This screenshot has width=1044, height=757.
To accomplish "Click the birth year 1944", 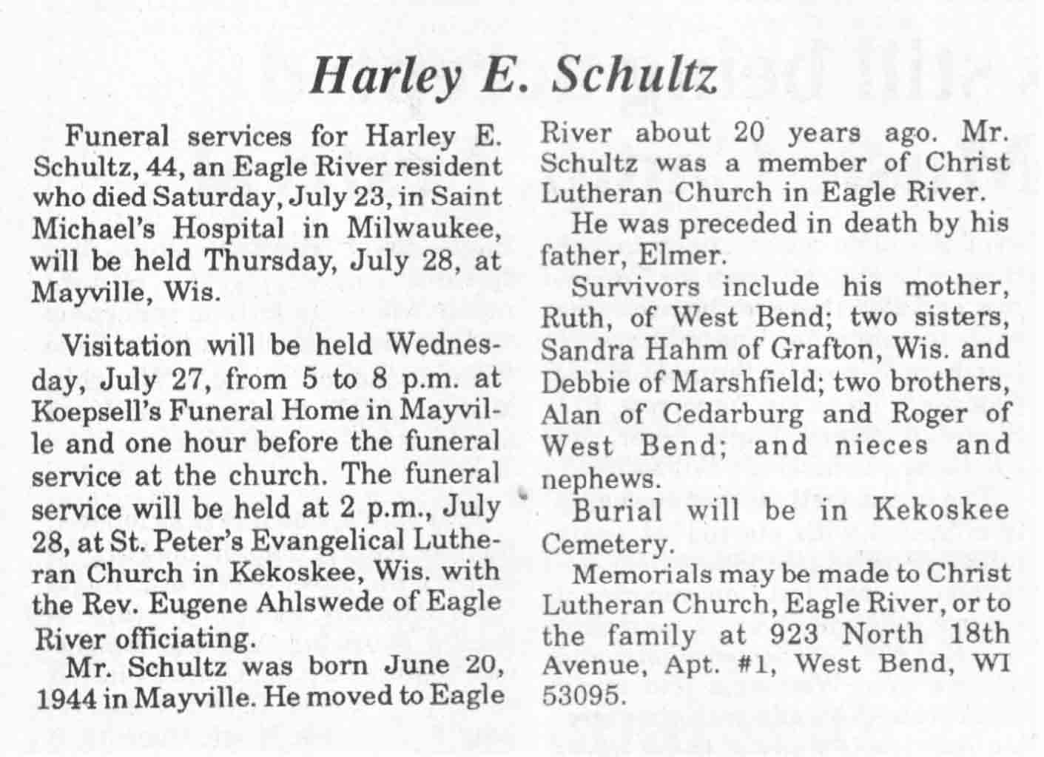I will click(x=64, y=699).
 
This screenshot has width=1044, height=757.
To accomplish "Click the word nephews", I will click(x=599, y=479).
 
